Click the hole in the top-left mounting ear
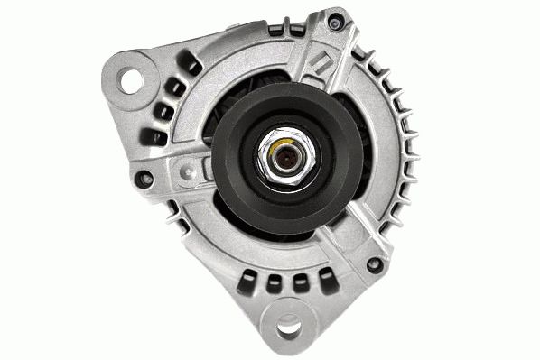(x=134, y=78)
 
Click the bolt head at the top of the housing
(x=337, y=18)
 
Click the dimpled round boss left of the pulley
(x=187, y=168)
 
